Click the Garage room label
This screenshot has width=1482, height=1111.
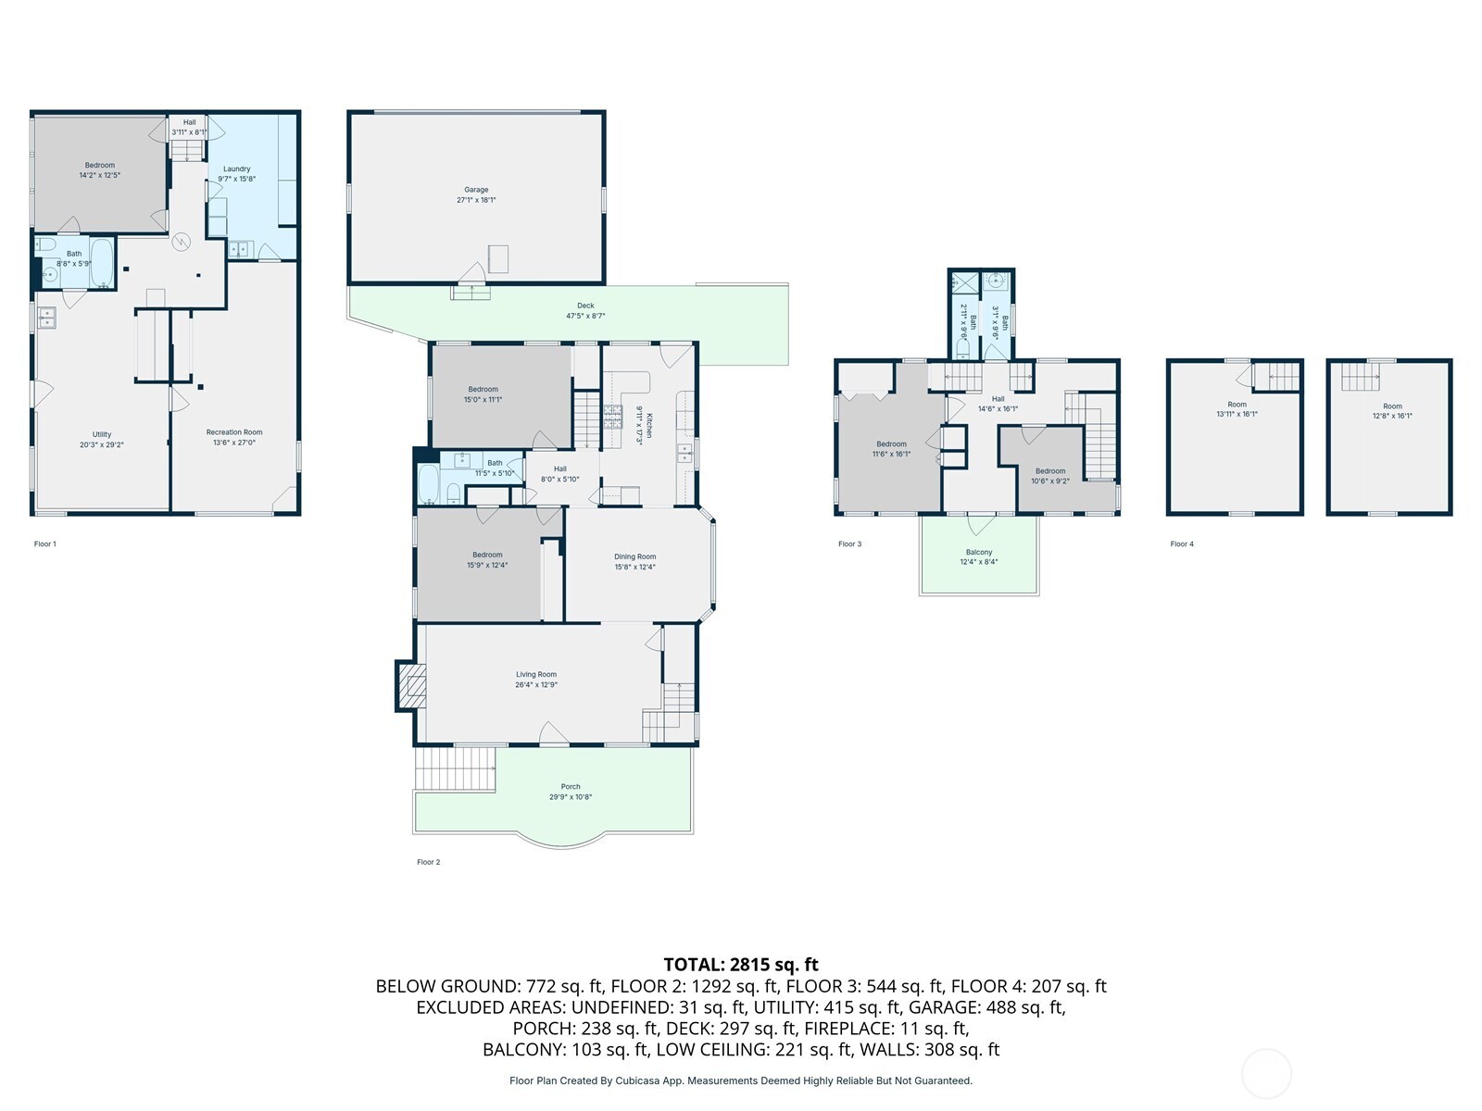tap(476, 190)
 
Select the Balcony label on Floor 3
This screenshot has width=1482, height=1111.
tap(978, 553)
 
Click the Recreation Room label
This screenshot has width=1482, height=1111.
tap(234, 432)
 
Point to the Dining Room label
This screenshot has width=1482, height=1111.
tap(634, 557)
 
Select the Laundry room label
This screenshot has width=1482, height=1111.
tap(236, 169)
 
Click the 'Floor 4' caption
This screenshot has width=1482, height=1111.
tap(1182, 544)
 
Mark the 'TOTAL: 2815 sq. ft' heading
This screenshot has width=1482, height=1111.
tap(741, 965)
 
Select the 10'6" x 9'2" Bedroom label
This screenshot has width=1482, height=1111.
tap(1050, 471)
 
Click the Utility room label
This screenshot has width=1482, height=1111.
tap(102, 434)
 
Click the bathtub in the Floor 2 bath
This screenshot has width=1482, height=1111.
tap(429, 482)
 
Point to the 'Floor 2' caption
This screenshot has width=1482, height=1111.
tap(428, 862)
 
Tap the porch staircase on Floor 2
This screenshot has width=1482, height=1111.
tap(454, 768)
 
